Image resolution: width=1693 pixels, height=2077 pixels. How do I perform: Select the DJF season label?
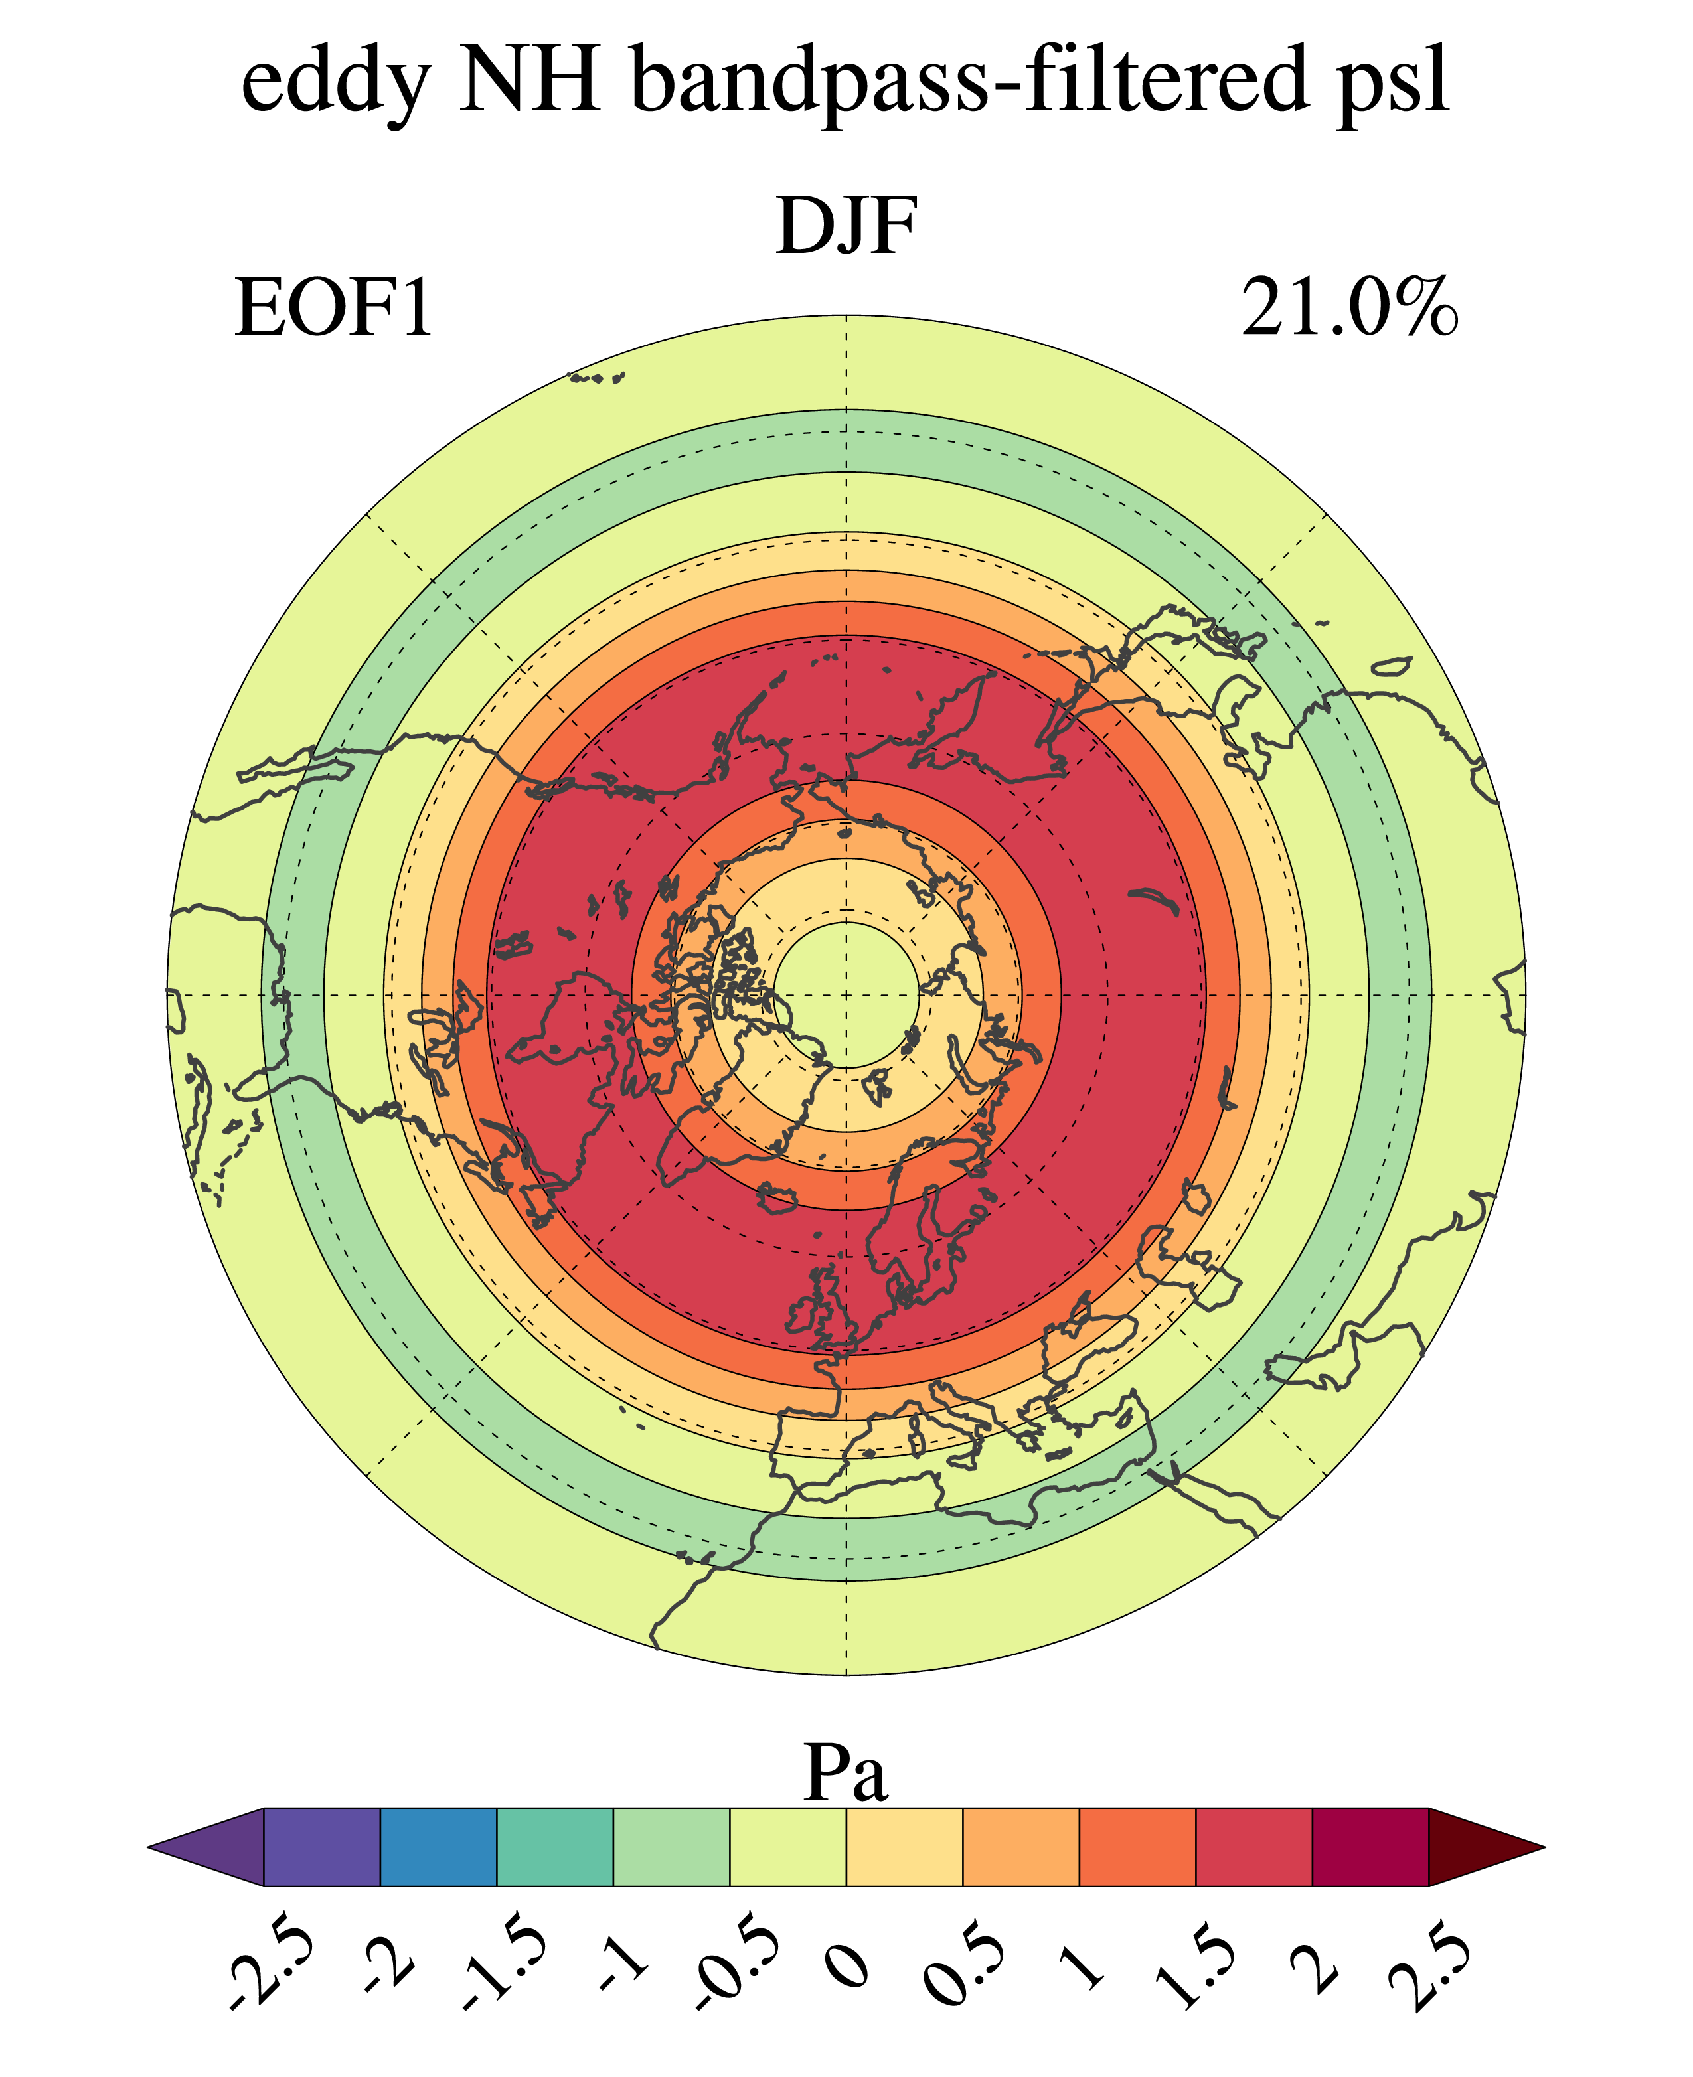pos(846,226)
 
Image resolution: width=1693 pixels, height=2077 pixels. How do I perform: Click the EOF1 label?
pos(333,309)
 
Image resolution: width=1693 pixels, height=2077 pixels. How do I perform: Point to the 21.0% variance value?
pos(1348,309)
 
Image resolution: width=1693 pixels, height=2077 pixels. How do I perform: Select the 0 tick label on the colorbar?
pos(846,1960)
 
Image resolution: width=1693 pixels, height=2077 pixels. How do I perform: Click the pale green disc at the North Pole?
pos(846,994)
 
